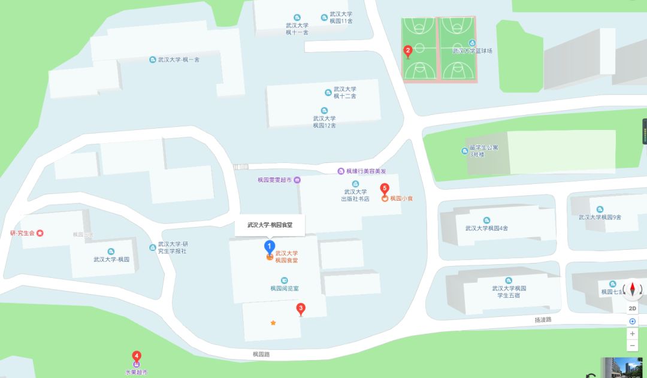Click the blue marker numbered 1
pyautogui.click(x=270, y=246)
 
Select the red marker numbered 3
pyautogui.click(x=301, y=309)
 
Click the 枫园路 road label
pyautogui.click(x=261, y=355)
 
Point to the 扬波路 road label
pyautogui.click(x=543, y=320)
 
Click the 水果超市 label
pyautogui.click(x=136, y=372)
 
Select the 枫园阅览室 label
pyautogui.click(x=284, y=288)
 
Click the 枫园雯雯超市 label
pyautogui.click(x=274, y=180)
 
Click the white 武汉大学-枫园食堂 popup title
pyautogui.click(x=270, y=225)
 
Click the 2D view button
pyautogui.click(x=633, y=309)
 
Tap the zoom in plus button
pyautogui.click(x=633, y=333)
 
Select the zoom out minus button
pyautogui.click(x=633, y=346)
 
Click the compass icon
pyautogui.click(x=633, y=291)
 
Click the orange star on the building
pyautogui.click(x=273, y=323)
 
